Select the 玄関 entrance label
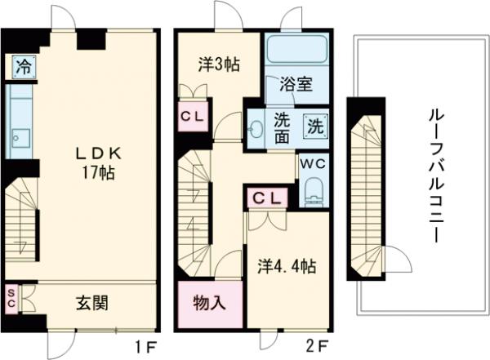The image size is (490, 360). coord(92,303)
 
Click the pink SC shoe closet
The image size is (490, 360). coord(12,299)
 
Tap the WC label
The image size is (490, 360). coord(312,162)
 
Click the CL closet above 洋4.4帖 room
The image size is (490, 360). coord(267,198)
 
